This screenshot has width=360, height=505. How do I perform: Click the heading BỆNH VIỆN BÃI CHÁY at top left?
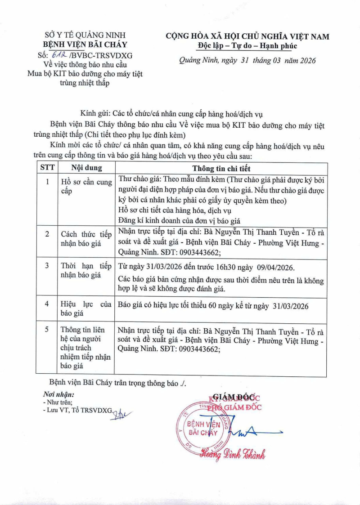85,45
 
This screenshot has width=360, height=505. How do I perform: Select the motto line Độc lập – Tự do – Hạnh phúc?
247,46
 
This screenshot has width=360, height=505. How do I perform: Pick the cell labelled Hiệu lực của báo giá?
86,309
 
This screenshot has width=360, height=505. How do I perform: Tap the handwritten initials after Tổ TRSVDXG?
119,413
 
